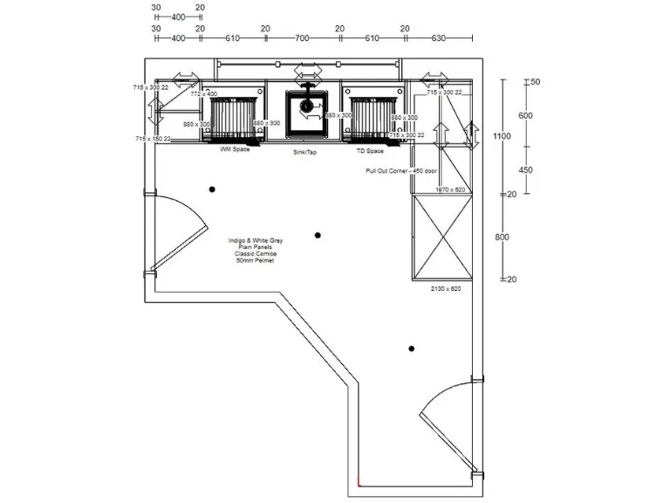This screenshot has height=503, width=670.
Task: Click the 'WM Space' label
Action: point(235,149)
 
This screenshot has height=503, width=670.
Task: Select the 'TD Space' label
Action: point(370,150)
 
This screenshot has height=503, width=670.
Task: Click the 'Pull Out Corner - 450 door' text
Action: point(400,171)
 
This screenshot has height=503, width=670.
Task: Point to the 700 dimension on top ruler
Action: point(302,38)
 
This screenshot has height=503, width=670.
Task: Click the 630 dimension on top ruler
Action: point(439,38)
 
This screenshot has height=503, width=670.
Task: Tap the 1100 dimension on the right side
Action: point(501,136)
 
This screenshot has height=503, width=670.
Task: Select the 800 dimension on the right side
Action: point(501,238)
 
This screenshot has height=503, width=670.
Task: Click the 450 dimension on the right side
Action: point(526,170)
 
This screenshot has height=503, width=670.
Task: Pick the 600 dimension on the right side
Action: point(526,116)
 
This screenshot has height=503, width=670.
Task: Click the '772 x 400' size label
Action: point(203,93)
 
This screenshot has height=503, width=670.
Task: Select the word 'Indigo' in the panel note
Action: point(237,240)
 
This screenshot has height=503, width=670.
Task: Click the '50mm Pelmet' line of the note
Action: point(255,261)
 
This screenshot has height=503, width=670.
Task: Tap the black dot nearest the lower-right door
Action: point(411,349)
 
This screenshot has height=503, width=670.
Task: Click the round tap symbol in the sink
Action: point(307,106)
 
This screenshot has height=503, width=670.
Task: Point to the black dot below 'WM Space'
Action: point(211,189)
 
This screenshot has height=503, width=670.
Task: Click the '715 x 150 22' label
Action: point(152,139)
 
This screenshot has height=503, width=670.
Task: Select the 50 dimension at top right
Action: point(535,82)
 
